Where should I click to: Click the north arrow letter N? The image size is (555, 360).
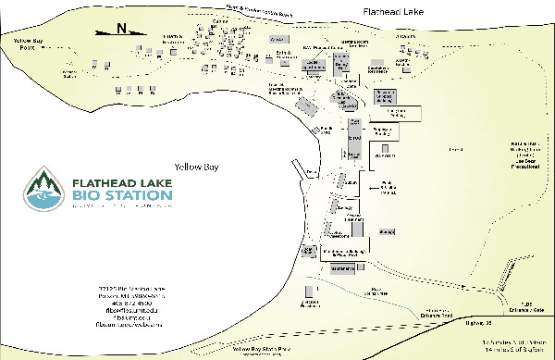coord(122,29)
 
